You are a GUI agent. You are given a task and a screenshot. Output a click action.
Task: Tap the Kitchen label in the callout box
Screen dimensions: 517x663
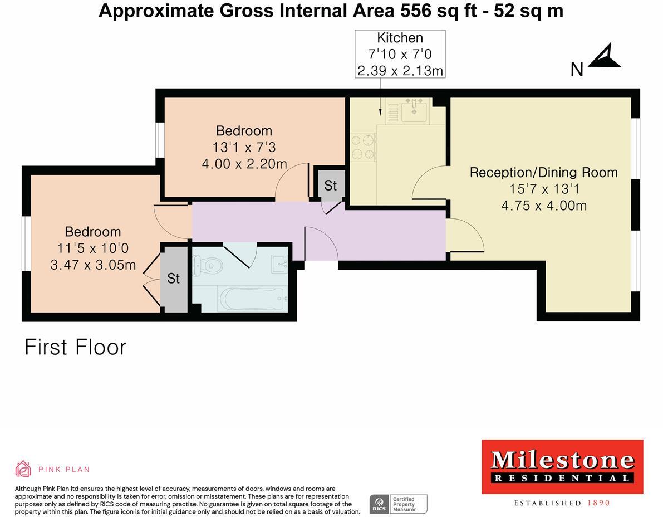(400, 38)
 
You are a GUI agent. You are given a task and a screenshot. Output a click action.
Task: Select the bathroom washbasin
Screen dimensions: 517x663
(279, 264)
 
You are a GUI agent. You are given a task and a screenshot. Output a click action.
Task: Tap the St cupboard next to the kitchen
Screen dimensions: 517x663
(331, 186)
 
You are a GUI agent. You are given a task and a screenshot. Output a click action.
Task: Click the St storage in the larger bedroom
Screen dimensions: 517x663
(174, 278)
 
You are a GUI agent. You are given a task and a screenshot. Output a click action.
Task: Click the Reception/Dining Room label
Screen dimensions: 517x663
(543, 172)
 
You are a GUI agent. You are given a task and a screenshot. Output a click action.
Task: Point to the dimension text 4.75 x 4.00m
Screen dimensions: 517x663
(543, 206)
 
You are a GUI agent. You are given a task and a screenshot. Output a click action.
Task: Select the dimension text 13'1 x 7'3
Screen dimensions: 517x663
(244, 148)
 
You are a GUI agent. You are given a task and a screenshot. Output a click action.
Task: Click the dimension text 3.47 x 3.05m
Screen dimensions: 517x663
(93, 265)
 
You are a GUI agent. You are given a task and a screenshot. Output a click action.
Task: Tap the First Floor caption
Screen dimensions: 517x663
(76, 347)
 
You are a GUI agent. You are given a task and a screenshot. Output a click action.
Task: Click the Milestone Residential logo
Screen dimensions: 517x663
(562, 467)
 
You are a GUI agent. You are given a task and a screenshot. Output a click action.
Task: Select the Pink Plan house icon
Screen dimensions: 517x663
(23, 469)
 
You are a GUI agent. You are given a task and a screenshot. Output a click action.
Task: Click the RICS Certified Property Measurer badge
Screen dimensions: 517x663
(398, 504)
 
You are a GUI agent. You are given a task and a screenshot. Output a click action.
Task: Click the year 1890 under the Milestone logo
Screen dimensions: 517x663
(598, 503)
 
